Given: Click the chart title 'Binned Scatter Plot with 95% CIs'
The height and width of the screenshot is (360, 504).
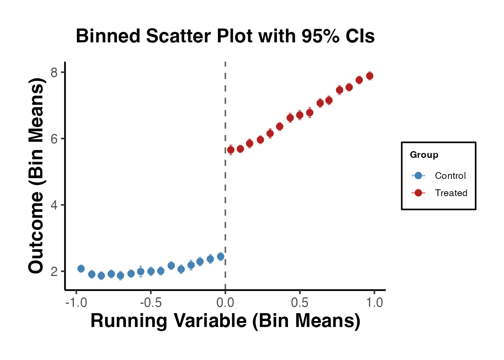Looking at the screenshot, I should [225, 36].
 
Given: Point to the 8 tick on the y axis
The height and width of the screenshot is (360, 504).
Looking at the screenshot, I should [54, 72].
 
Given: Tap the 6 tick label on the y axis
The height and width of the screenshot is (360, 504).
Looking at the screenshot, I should [54, 139].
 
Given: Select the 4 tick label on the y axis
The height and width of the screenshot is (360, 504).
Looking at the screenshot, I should [54, 205].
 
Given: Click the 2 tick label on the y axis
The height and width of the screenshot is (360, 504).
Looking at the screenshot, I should [54, 271].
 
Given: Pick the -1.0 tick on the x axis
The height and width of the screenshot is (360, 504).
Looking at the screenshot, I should [76, 302].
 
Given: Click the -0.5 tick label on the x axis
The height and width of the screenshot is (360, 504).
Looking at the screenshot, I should [150, 302].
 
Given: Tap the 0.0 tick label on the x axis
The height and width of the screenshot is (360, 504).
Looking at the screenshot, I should [225, 302].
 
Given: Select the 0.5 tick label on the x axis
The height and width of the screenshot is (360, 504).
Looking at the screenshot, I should [300, 302].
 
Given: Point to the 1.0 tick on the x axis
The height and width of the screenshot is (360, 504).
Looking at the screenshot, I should [374, 302].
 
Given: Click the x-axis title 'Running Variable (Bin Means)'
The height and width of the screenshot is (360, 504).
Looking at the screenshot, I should [225, 321].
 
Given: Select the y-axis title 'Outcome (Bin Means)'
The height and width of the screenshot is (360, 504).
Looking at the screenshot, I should [36, 175].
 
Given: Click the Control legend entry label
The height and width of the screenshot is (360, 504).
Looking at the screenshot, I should [450, 175].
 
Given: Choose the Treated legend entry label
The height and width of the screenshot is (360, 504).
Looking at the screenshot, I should [451, 193].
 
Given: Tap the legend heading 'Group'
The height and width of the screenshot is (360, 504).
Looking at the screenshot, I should [424, 155].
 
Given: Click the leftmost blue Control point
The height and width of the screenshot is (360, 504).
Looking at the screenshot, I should [81, 268].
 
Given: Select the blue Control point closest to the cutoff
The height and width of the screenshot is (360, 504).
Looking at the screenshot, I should [220, 256].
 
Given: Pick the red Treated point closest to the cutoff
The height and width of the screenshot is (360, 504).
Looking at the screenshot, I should [231, 150].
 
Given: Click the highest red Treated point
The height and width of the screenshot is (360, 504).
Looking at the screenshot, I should [369, 76].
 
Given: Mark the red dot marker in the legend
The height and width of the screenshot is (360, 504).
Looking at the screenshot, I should [418, 193].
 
